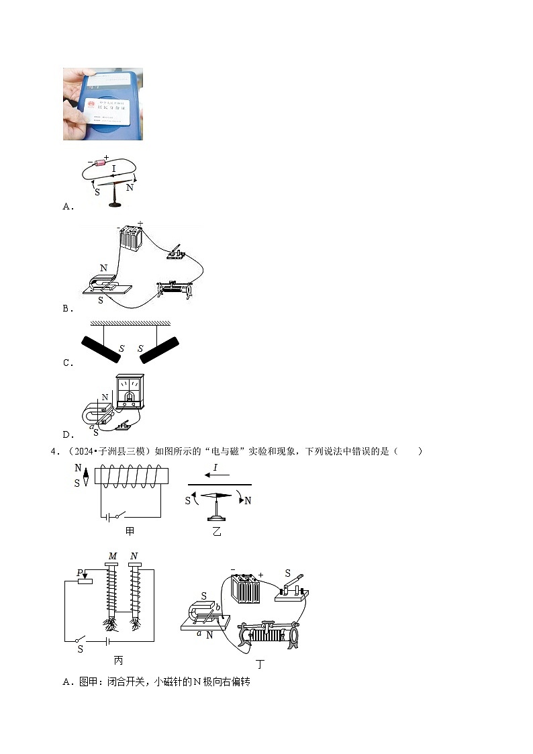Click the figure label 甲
[x=130, y=531]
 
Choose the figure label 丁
[x=260, y=665]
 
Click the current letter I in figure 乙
[x=215, y=467]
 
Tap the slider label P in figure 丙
[x=79, y=573]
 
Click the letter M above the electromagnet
[x=112, y=556]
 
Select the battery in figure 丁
[x=246, y=589]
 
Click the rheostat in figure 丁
[x=269, y=633]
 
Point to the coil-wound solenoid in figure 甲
[x=132, y=477]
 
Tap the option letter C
[x=67, y=363]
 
